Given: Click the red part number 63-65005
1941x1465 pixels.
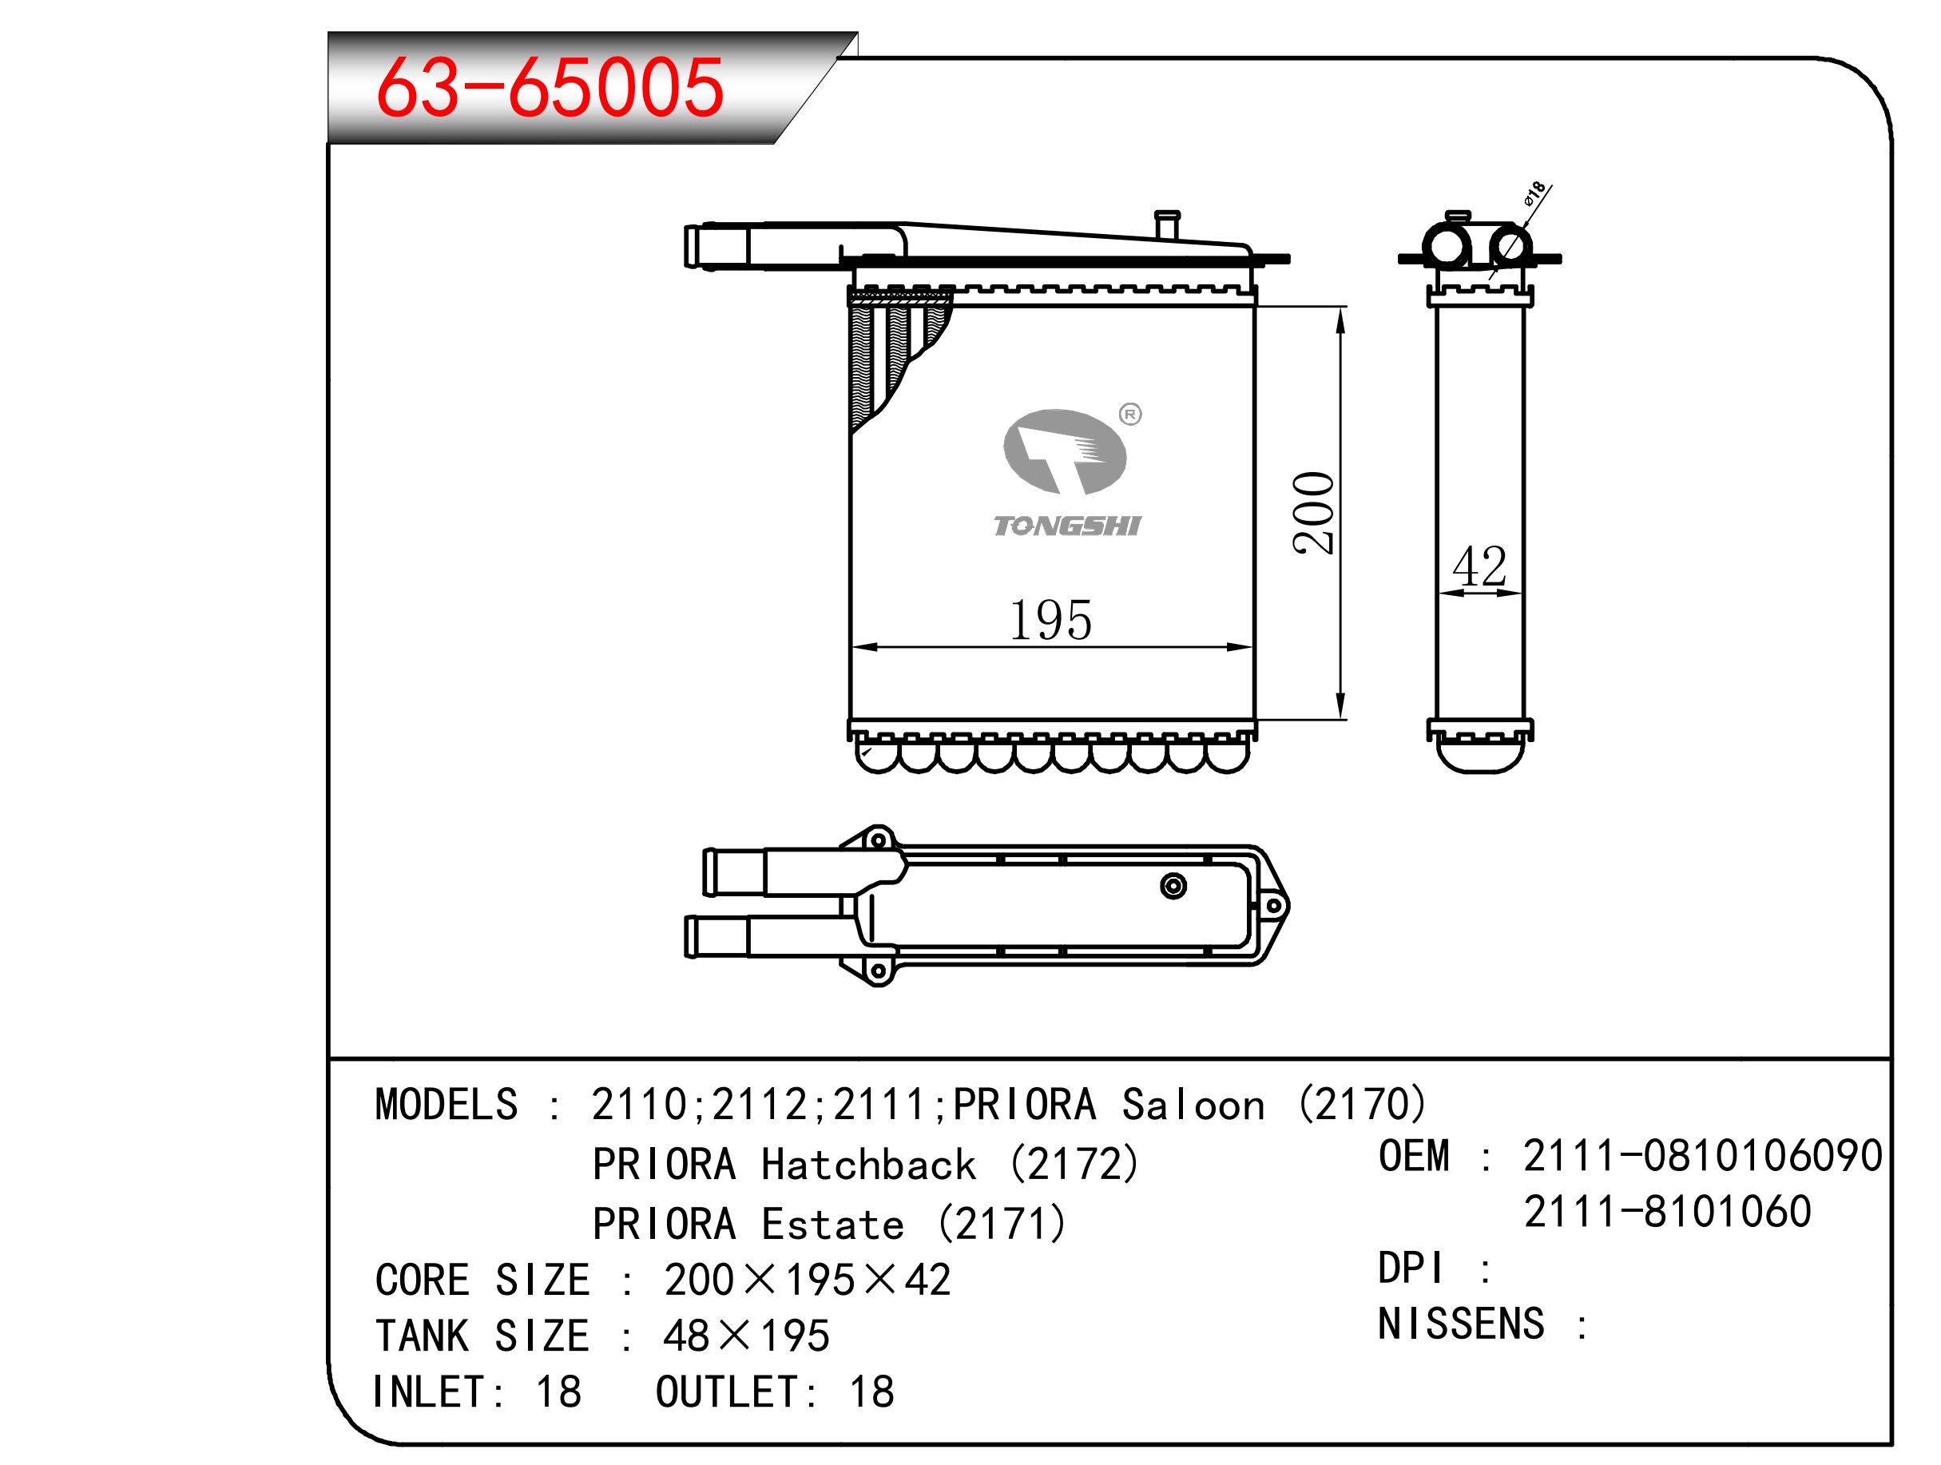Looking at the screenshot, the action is click(550, 87).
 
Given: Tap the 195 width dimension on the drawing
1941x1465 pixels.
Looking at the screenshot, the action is click(1050, 621).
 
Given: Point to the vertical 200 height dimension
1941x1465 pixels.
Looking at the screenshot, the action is click(1314, 513).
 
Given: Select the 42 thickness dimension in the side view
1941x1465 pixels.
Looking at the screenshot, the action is click(1479, 566).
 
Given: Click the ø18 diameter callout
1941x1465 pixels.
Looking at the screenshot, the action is click(1534, 193).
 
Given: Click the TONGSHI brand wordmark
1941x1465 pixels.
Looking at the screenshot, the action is click(1067, 526).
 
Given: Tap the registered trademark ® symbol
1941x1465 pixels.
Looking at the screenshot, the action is click(1130, 415).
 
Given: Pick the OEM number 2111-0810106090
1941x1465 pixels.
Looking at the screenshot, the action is click(1702, 1155).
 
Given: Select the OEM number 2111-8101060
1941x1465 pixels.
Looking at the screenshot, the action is click(1667, 1211).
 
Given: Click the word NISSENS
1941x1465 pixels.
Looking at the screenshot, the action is click(1461, 1324).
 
